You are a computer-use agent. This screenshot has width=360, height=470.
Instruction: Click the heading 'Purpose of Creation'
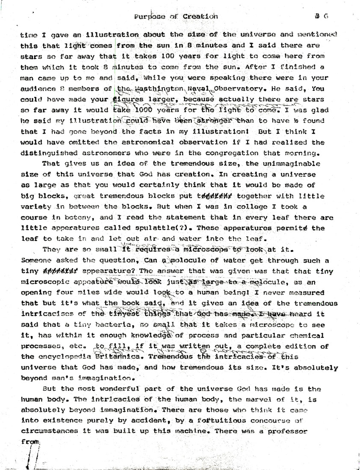point(176,17)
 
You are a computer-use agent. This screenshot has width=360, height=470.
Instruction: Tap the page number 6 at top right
point(325,16)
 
